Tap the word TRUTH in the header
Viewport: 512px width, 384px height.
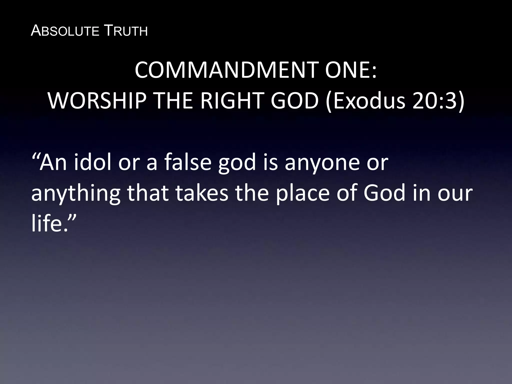pos(125,31)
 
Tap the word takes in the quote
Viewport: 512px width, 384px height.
pos(202,193)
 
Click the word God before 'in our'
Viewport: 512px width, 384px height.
pos(384,193)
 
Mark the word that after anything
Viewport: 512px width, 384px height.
pos(147,193)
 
